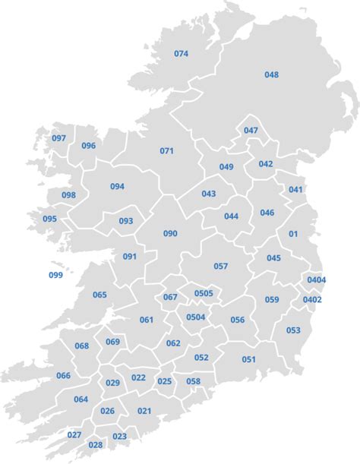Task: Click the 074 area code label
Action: coord(181,54)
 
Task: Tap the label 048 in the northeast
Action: coord(272,74)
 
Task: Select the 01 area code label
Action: coord(293,234)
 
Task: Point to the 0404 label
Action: coord(316,280)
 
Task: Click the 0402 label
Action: coord(312,300)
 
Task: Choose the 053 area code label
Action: coord(293,330)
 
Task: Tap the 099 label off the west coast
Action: coord(55,275)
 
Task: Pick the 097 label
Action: coord(59,138)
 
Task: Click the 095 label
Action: coord(49,219)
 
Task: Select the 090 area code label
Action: coord(170,233)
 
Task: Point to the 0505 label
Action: coord(204,293)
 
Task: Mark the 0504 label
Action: coord(196,317)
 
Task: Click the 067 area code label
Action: coord(170,297)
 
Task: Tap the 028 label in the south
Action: coord(96,445)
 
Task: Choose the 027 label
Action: coord(74,434)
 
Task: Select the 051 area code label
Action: coord(249,359)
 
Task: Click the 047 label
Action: coord(251,131)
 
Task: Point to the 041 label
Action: coord(295,189)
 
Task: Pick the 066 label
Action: coord(63,376)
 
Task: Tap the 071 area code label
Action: coord(166,150)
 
